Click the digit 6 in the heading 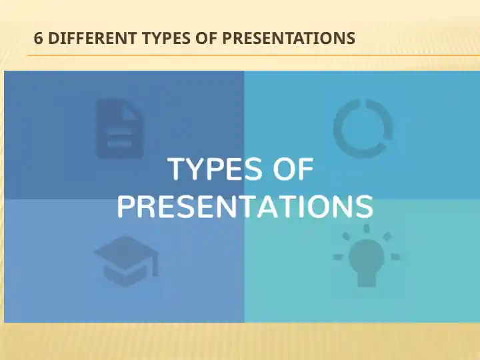coord(38,39)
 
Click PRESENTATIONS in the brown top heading coord(288,39)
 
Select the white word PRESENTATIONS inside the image coord(245,207)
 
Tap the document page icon coord(120,129)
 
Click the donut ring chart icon coord(363,129)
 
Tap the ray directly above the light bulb coord(366,229)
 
